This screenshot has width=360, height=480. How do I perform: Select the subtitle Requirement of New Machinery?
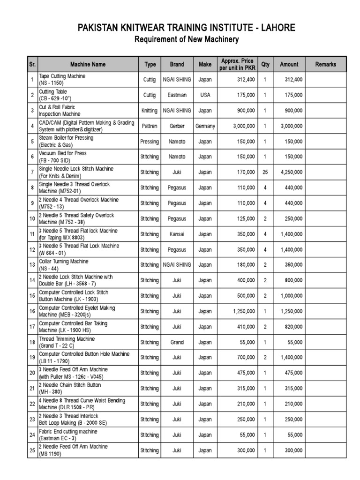[187, 39]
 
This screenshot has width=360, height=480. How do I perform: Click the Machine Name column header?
[88, 64]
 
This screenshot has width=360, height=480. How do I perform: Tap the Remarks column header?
[325, 64]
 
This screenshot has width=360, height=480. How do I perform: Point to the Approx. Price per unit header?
[237, 65]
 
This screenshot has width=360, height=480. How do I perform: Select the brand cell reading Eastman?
[177, 95]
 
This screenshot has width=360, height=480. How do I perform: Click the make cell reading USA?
[205, 95]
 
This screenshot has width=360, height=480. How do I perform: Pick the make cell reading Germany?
[205, 126]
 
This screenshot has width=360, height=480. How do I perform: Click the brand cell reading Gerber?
[177, 126]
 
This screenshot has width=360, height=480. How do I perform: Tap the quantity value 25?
[265, 172]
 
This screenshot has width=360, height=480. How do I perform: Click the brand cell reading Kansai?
[177, 234]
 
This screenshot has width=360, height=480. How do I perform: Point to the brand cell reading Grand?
[177, 342]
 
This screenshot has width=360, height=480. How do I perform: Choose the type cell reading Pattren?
[150, 126]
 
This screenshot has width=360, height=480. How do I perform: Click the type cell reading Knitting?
[150, 111]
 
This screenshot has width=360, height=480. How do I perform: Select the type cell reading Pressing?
[150, 142]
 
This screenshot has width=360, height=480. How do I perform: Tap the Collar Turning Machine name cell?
[63, 265]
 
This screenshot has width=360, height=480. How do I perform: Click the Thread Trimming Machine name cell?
[67, 342]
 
